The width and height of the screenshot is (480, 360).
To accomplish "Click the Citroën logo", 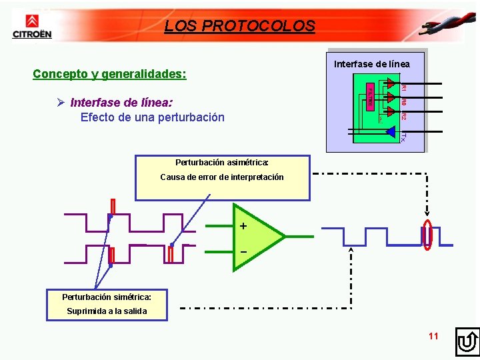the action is [x=31, y=27].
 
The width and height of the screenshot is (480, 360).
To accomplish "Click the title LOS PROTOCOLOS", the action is [x=239, y=26].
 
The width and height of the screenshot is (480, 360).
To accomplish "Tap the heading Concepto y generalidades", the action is [x=109, y=73].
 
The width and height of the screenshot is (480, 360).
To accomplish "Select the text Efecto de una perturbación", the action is [x=152, y=117].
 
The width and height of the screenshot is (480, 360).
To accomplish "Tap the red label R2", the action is [x=404, y=116].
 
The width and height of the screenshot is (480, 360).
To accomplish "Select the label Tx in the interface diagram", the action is [x=404, y=137].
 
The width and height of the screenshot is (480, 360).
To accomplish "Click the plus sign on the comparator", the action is [x=243, y=227].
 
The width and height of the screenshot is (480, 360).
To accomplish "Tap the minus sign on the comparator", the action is [x=243, y=252].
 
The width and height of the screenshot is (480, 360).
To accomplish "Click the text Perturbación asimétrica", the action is [x=222, y=162].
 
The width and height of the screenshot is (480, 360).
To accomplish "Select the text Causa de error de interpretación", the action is [x=222, y=177].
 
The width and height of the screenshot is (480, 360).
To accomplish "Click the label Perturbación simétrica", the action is [x=107, y=297].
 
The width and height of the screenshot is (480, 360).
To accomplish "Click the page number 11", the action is [x=433, y=336].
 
